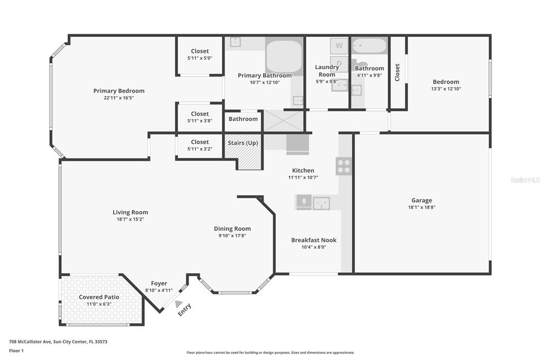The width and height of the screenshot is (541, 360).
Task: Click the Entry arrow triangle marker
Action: click(x=178, y=304)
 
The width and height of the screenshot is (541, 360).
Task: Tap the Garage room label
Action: click(x=422, y=201)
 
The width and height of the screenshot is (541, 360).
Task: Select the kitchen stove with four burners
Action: click(x=344, y=166)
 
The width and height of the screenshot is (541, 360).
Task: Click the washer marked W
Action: click(x=339, y=45)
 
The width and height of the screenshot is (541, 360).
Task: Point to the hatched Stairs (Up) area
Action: click(x=243, y=151)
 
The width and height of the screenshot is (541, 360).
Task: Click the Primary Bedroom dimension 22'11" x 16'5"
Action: click(x=118, y=98)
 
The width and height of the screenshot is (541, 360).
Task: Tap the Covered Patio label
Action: click(x=99, y=297)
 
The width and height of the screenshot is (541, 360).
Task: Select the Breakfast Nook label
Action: click(x=314, y=240)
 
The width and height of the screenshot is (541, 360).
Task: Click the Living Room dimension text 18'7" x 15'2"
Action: click(x=130, y=219)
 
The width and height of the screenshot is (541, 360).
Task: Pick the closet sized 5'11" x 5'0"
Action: click(x=200, y=55)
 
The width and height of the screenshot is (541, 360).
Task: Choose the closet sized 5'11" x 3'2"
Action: click(x=200, y=146)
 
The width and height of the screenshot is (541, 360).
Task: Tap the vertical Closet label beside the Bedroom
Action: click(x=397, y=72)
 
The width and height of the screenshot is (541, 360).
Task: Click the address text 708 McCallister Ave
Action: click(x=30, y=342)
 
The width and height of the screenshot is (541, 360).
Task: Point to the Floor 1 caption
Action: click(x=16, y=350)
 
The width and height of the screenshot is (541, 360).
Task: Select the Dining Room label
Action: click(x=232, y=229)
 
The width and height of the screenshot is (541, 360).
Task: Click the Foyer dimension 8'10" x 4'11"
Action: click(x=158, y=290)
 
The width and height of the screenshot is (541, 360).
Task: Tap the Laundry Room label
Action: click(x=327, y=71)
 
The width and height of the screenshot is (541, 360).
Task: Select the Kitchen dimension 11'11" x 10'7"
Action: click(x=303, y=177)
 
